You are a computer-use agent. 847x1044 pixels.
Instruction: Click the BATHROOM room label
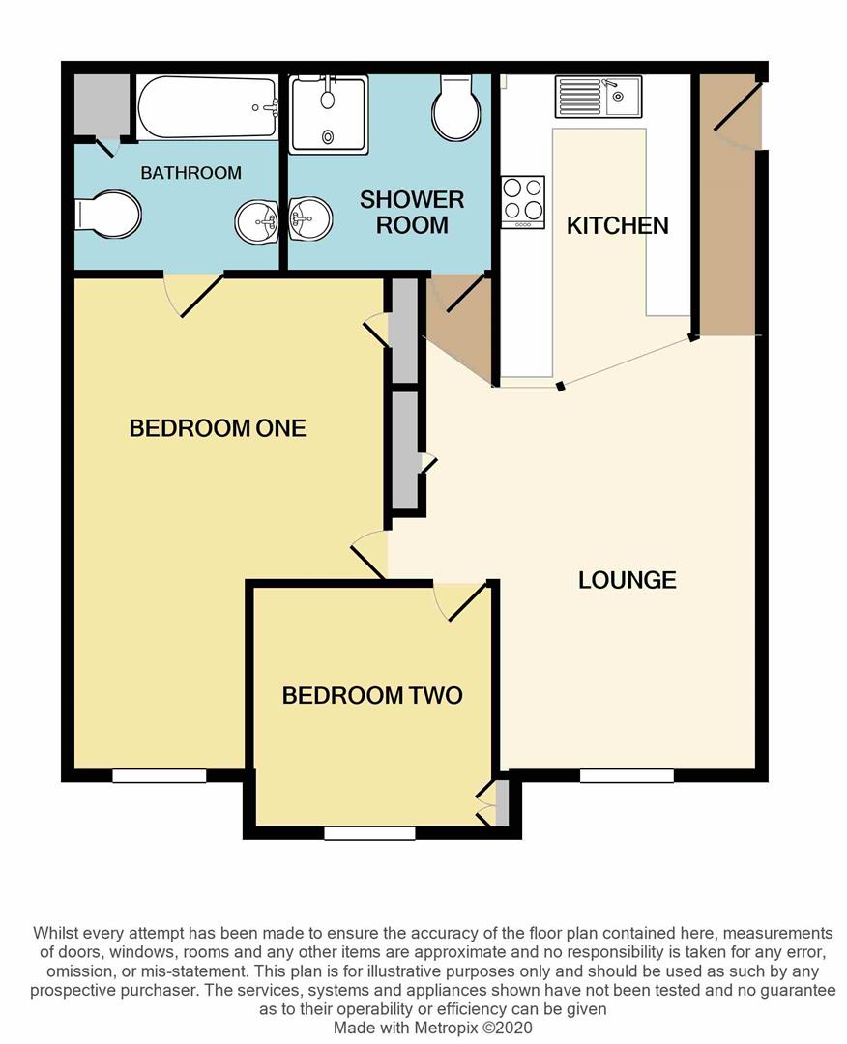(x=190, y=173)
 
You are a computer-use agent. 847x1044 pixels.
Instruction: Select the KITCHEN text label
(x=617, y=226)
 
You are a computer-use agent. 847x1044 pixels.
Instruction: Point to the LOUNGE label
(x=627, y=580)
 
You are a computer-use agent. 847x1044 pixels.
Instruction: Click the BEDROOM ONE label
(x=218, y=428)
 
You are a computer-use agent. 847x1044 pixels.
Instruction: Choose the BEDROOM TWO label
(x=372, y=695)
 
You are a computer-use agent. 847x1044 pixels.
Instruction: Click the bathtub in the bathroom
(x=207, y=107)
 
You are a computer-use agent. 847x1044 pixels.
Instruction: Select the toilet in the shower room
(x=455, y=108)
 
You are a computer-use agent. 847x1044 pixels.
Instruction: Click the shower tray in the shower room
(x=329, y=114)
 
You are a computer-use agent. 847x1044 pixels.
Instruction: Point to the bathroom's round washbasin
(x=256, y=222)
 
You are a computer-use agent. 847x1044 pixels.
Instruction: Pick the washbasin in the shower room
(x=309, y=217)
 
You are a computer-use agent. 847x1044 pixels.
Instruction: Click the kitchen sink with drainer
(x=598, y=96)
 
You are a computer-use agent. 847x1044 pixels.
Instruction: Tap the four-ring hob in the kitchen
(x=523, y=201)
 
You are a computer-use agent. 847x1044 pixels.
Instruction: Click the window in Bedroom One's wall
(x=160, y=775)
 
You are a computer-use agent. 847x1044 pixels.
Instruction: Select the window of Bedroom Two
(x=369, y=833)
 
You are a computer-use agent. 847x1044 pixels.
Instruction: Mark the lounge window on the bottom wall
(x=627, y=775)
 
